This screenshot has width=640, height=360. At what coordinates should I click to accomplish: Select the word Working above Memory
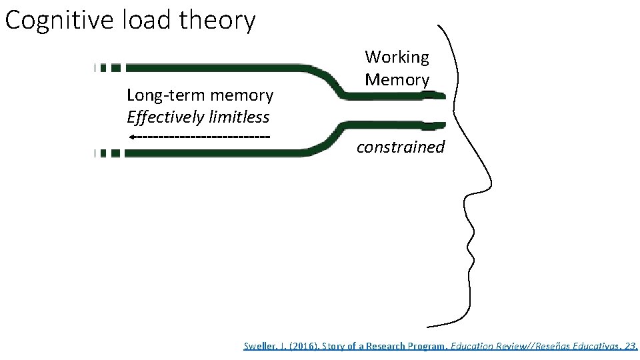point(397,57)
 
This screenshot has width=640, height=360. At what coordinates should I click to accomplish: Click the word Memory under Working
point(397,80)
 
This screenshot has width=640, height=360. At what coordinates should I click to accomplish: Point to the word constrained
point(400,147)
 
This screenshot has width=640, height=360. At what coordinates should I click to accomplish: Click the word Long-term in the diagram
point(163,96)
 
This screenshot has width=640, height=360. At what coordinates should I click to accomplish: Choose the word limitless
point(239,118)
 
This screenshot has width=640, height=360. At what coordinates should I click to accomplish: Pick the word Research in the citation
point(385,346)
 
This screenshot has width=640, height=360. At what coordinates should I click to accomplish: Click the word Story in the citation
point(333,346)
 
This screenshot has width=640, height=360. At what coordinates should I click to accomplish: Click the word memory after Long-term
point(242,96)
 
